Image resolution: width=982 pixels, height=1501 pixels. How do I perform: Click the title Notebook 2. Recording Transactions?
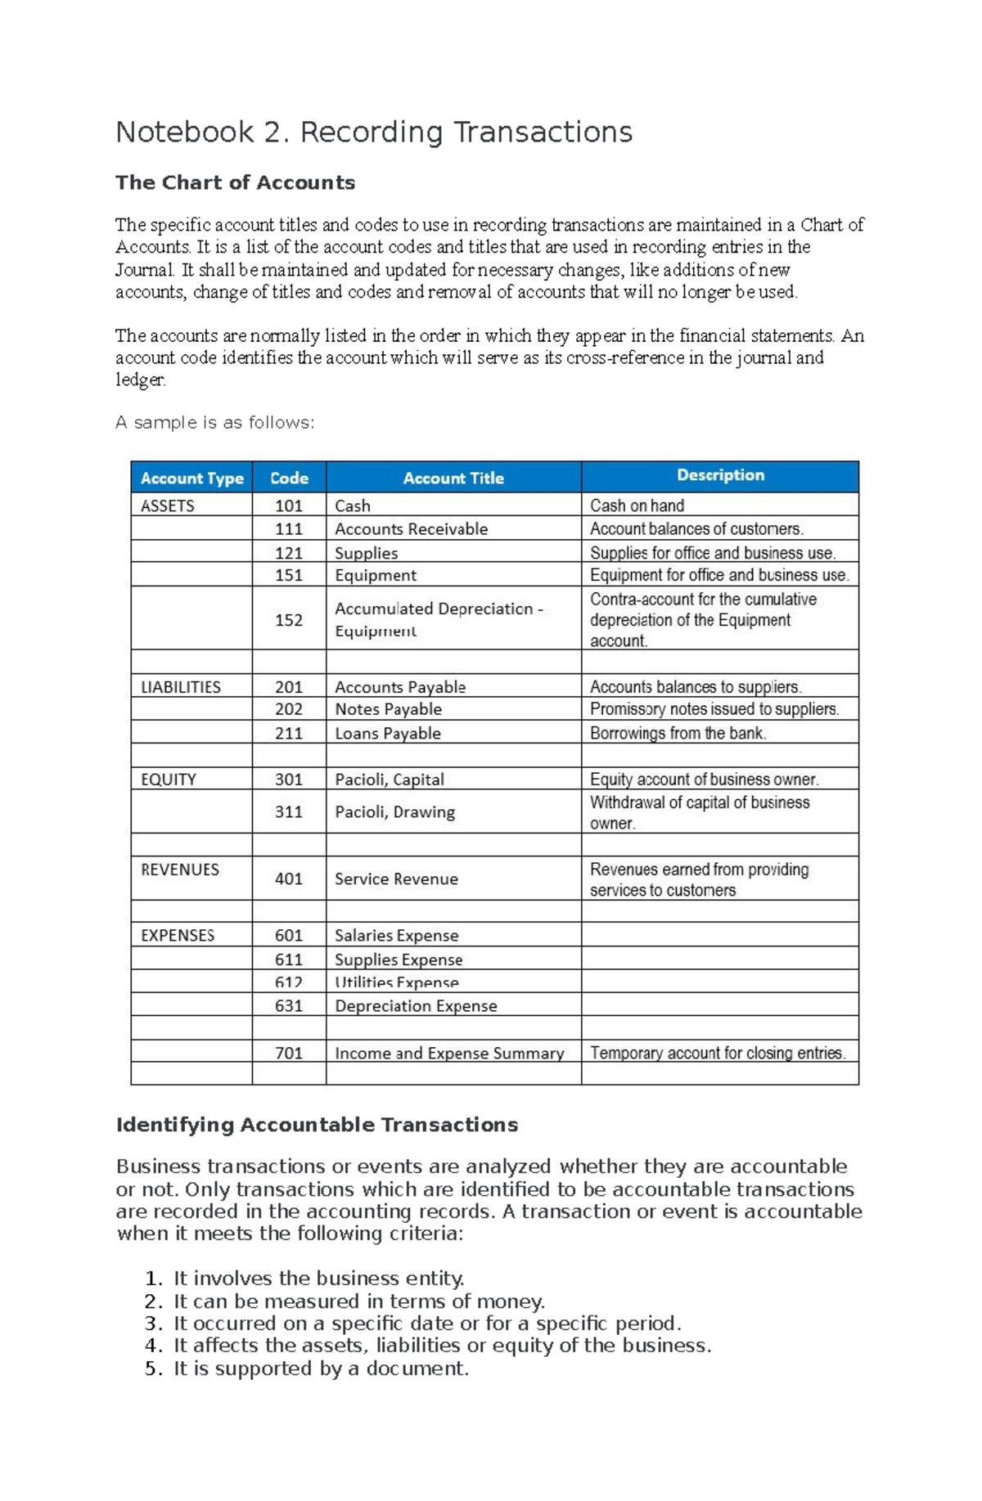(373, 133)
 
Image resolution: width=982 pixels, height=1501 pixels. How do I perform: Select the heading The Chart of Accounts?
(235, 182)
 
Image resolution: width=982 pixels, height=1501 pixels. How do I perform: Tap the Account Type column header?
(191, 479)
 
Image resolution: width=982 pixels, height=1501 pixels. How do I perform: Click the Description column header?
(720, 475)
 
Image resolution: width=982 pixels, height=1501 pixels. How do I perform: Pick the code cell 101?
(289, 506)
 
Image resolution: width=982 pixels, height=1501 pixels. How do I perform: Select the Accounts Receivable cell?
(411, 529)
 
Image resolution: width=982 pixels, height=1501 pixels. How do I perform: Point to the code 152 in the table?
(289, 620)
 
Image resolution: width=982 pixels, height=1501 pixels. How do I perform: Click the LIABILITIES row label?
(181, 687)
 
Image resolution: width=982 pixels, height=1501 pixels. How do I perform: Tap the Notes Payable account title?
(388, 709)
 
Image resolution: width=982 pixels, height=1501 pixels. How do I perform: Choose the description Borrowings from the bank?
(678, 733)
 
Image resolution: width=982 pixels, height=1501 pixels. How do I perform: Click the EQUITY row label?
(169, 780)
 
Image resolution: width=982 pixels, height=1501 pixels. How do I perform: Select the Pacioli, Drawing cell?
(394, 811)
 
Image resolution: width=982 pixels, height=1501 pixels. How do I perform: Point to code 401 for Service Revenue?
(289, 879)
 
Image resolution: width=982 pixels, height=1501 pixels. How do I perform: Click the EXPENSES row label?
(178, 935)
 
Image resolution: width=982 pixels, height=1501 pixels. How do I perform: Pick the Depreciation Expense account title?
(416, 1006)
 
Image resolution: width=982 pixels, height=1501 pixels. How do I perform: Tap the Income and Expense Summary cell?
(449, 1054)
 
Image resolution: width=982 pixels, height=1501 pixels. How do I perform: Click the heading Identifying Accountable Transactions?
(317, 1125)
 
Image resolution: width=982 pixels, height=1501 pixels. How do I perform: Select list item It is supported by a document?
(321, 1368)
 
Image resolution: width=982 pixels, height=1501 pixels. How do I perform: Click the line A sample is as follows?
(214, 423)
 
